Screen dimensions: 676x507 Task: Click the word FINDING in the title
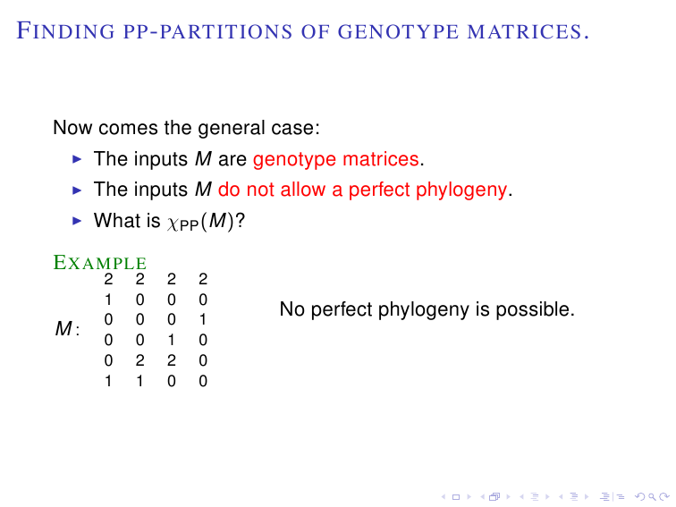pos(65,31)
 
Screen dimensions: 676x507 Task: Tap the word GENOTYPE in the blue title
pos(399,32)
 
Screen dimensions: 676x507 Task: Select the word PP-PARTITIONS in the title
pos(207,32)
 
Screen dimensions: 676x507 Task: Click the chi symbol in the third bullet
pos(173,224)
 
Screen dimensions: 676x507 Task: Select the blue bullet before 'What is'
pos(77,221)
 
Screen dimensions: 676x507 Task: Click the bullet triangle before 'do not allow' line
pos(77,190)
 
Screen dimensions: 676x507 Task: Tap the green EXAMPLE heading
pos(99,263)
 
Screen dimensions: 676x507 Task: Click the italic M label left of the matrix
pos(63,328)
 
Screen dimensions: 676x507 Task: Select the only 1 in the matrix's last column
pos(203,319)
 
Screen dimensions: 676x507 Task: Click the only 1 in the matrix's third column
pos(171,340)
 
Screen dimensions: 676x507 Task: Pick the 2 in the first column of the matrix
pos(108,279)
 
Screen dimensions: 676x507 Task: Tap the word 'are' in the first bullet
pos(232,160)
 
